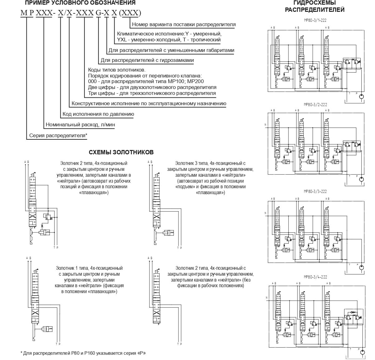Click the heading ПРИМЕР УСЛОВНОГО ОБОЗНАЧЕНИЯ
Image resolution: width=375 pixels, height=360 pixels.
click(80, 3)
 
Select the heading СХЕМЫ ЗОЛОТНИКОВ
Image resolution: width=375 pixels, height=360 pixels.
click(121, 152)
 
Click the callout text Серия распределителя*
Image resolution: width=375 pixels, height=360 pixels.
click(58, 136)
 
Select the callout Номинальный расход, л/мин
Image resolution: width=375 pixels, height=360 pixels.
click(80, 125)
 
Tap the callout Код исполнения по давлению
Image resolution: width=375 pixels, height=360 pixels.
click(98, 114)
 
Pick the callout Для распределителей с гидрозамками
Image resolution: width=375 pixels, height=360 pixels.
click(147, 60)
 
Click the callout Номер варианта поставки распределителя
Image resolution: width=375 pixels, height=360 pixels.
click(184, 24)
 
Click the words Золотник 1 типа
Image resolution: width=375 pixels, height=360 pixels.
click(72, 268)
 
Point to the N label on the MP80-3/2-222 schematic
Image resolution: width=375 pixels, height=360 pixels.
click(265, 125)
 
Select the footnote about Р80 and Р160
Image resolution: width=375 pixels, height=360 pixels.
click(83, 353)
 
